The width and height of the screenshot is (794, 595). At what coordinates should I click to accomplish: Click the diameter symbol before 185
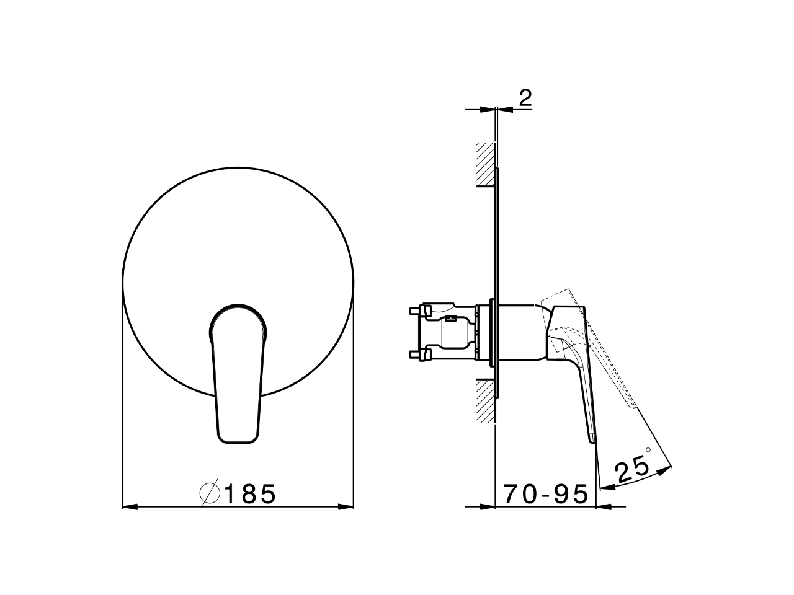pyautogui.click(x=210, y=494)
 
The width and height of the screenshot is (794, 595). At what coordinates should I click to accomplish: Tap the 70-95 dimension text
pyautogui.click(x=545, y=494)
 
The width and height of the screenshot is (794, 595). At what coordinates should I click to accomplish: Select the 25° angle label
pyautogui.click(x=633, y=469)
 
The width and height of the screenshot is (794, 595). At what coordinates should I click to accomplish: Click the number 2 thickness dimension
pyautogui.click(x=525, y=98)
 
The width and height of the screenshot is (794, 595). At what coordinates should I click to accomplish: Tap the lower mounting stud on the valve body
pyautogui.click(x=416, y=355)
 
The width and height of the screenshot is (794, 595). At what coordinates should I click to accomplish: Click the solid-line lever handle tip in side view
pyautogui.click(x=591, y=438)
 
